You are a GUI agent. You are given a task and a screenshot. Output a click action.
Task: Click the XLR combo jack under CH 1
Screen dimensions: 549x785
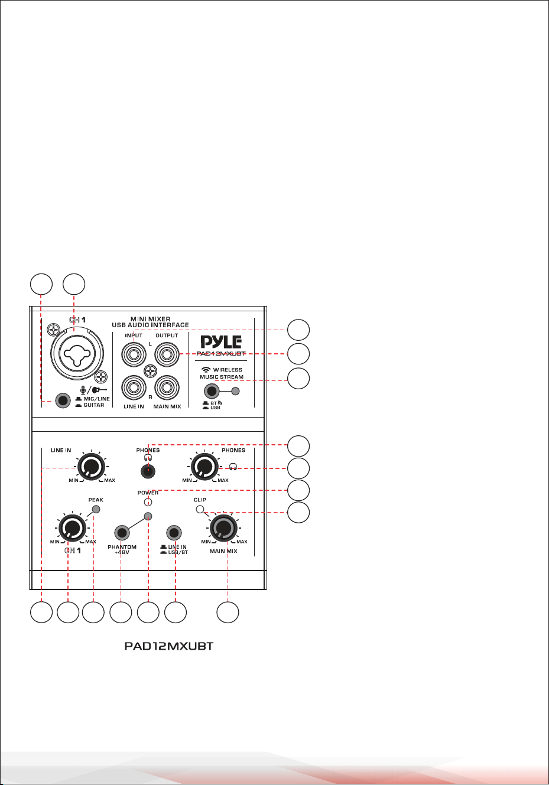point(77,354)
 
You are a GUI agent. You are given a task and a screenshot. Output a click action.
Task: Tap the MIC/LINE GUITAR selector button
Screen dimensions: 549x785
point(63,400)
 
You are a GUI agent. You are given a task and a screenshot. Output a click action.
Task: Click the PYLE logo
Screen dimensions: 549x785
point(221,341)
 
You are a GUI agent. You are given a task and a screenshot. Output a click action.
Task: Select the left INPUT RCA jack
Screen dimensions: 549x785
point(134,354)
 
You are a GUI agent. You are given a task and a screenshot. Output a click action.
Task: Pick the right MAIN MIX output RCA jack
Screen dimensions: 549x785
point(167,387)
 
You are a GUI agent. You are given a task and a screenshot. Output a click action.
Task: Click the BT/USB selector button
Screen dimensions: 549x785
point(212,391)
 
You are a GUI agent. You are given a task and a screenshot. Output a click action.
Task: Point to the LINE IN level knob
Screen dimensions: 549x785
point(91,467)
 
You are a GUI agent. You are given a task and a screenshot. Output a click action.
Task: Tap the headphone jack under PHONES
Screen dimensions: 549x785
point(148,471)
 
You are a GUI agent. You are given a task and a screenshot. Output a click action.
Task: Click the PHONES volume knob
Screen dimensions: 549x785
point(204,467)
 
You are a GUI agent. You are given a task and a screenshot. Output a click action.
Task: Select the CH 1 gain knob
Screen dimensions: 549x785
point(72,528)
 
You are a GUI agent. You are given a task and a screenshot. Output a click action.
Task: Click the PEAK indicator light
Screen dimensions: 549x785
point(96,509)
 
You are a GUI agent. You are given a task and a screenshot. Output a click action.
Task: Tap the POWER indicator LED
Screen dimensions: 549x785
point(148,502)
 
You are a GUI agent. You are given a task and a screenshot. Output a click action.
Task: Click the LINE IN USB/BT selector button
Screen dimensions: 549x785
point(174,533)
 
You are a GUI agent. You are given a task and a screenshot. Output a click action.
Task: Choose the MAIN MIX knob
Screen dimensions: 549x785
point(223,528)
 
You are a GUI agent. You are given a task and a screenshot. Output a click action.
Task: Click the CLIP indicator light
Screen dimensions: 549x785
point(200,509)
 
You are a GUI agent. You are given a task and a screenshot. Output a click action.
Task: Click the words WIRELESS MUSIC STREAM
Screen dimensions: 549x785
point(222,373)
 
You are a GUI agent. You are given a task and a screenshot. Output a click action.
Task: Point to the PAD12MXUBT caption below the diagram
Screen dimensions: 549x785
point(169,646)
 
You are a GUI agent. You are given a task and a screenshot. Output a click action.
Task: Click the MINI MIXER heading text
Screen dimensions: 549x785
point(150,319)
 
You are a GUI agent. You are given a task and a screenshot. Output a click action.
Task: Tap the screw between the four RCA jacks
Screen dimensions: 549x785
point(150,371)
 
